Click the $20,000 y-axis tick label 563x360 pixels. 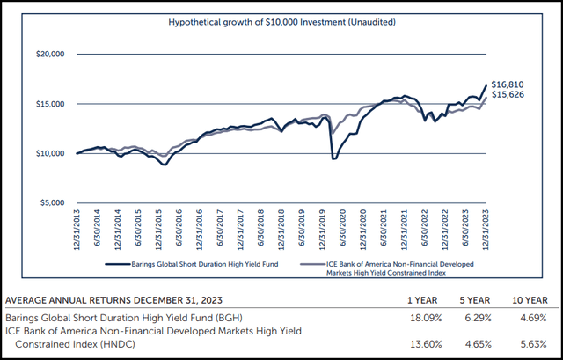[52, 55]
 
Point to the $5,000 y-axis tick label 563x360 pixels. [54, 202]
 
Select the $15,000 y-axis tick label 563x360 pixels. [52, 104]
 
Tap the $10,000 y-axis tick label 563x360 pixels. [52, 153]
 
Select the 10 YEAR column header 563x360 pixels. [533, 297]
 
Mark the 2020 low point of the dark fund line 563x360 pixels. [334, 158]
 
